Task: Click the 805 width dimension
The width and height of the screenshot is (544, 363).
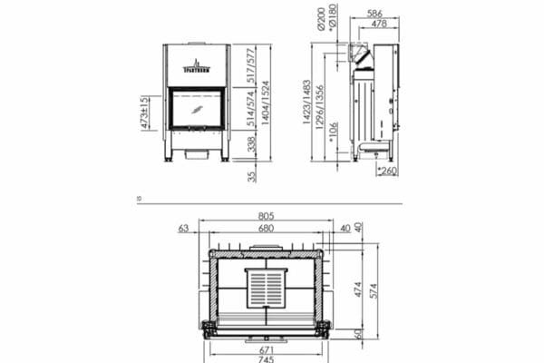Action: click(x=266, y=216)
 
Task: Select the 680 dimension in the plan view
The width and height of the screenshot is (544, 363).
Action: click(x=266, y=229)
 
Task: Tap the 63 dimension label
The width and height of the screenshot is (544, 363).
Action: click(x=183, y=229)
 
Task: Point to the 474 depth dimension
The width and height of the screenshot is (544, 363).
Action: click(x=357, y=289)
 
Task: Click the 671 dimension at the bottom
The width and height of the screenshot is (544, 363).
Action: click(x=266, y=348)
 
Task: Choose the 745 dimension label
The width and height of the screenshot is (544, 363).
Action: click(x=266, y=358)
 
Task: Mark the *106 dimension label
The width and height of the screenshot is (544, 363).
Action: click(x=333, y=132)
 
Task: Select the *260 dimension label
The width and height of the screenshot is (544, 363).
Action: click(x=389, y=172)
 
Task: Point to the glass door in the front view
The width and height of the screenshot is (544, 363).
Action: click(x=198, y=108)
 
